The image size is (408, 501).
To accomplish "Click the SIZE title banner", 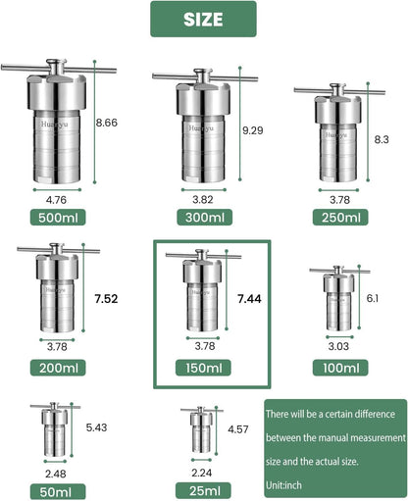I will point(203,19).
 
